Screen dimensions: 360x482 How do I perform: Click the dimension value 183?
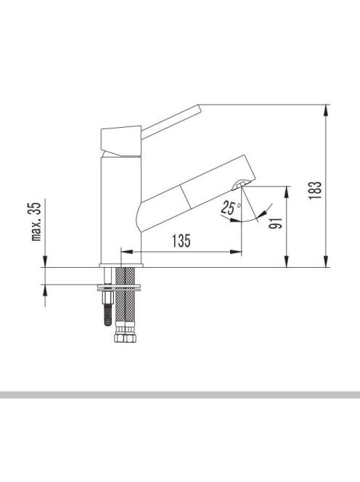point(315,191)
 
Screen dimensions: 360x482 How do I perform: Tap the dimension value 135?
point(181,241)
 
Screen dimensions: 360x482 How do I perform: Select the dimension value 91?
point(276,223)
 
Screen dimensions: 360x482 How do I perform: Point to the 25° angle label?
point(231,208)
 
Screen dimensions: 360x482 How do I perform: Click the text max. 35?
point(36,221)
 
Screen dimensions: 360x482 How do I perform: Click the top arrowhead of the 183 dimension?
point(326,110)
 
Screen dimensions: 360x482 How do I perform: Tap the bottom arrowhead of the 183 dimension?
point(326,261)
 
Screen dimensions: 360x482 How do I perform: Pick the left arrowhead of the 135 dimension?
point(127,252)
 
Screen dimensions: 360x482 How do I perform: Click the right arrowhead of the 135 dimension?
point(236,252)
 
